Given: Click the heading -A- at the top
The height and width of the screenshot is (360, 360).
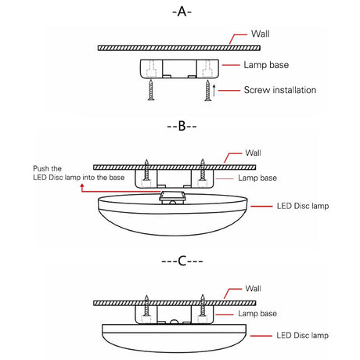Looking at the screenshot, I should pyautogui.click(x=181, y=12).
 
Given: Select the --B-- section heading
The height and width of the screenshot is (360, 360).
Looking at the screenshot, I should pyautogui.click(x=181, y=125).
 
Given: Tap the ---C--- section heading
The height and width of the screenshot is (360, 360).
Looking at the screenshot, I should pyautogui.click(x=181, y=260).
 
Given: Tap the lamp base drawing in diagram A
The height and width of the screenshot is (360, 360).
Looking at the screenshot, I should pyautogui.click(x=178, y=69).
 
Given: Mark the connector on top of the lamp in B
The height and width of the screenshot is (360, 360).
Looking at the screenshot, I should pyautogui.click(x=176, y=195).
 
